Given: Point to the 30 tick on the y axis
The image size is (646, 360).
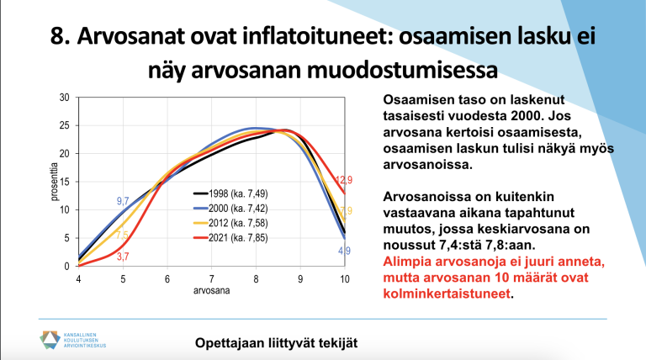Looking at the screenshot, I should tap(63, 98).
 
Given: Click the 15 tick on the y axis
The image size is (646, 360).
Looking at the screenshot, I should tap(63, 182).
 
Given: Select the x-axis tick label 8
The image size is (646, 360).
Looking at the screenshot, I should tap(256, 278).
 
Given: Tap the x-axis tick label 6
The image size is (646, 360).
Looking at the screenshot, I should tap(167, 278).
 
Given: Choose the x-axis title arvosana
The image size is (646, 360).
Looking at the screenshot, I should tap(211, 290).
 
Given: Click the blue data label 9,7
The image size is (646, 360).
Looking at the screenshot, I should tap(123, 201).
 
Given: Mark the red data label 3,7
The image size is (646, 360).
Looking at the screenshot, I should tap(123, 256).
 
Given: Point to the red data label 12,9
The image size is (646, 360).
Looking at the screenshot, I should tap(343, 180).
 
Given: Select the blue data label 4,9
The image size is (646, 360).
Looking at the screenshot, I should tap(344, 251).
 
